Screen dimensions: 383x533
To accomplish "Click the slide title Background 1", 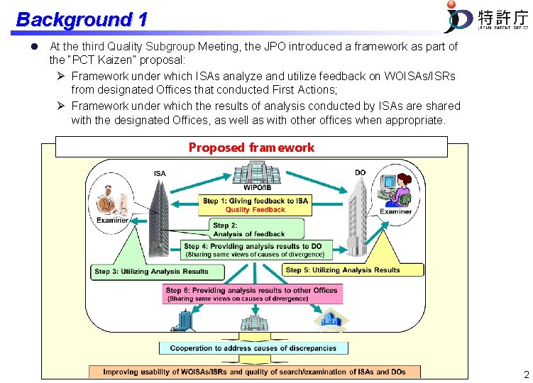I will coord(81,19).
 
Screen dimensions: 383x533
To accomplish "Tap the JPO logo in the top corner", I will coord(485,18).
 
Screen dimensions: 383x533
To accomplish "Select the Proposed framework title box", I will coord(251,148).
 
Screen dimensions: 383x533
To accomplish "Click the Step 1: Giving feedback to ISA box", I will coord(255,205).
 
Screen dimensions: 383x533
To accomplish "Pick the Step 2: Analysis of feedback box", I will coord(257,229).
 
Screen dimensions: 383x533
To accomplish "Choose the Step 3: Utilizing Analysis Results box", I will coord(158,272).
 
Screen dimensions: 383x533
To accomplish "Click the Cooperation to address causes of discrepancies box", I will coord(253,348).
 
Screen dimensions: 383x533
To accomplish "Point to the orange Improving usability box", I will coord(255,372).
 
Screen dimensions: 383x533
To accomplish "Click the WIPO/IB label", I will coord(255,188).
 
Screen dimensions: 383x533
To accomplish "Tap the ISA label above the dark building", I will coord(160,174).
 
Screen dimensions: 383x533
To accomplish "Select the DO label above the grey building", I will coord(360,172).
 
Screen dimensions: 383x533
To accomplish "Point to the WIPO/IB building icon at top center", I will coord(255,174).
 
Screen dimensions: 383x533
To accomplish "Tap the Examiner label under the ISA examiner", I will coord(112,220).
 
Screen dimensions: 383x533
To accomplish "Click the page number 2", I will coord(525,374).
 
